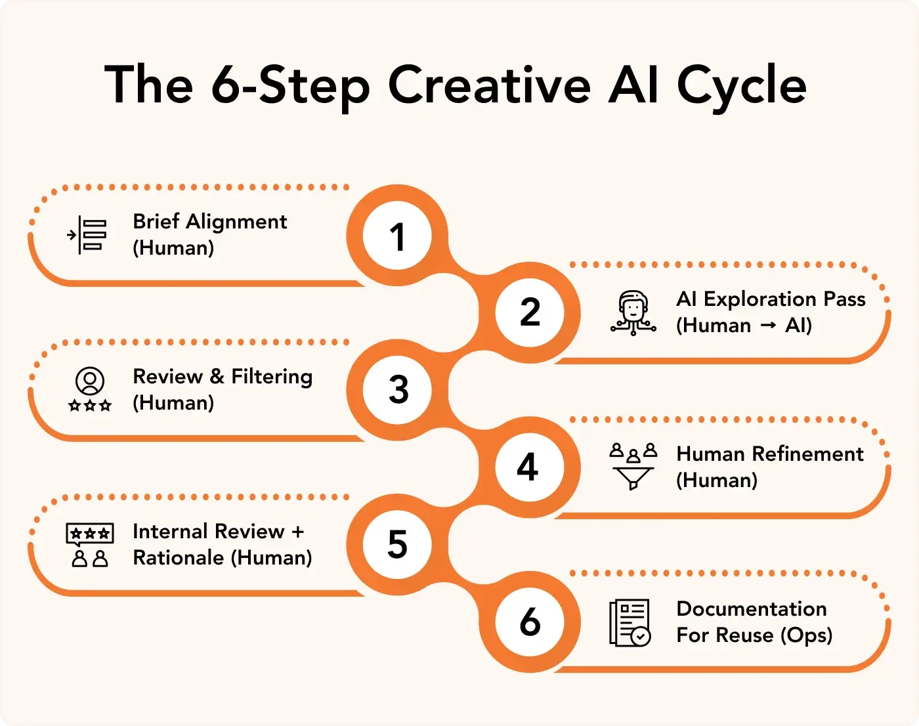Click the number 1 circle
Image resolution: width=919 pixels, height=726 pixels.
[x=397, y=235]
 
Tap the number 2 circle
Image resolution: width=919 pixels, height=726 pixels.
[x=530, y=312]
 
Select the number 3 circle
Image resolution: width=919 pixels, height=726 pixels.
[x=397, y=390]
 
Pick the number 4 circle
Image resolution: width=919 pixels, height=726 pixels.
[x=530, y=467]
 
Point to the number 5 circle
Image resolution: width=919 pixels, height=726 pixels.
[x=397, y=545]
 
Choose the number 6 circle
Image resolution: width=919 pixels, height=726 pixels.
[x=530, y=622]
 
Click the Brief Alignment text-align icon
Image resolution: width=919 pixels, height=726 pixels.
[x=87, y=235]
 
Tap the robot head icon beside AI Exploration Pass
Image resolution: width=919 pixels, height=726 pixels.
[x=633, y=313]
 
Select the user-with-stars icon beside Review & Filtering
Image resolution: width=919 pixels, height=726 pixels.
[x=90, y=389]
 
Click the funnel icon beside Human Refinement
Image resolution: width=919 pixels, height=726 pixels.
[x=633, y=466]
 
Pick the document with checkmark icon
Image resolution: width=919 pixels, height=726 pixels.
[x=630, y=622]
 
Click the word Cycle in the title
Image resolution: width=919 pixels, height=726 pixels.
[x=742, y=85]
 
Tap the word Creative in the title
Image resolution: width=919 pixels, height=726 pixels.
[x=490, y=84]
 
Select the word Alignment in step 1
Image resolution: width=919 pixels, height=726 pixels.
[x=236, y=223]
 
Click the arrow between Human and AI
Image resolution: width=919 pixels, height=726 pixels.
[x=768, y=326]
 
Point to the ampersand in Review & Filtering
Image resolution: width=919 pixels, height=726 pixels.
[x=217, y=376]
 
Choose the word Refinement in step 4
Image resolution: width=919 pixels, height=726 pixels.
[x=808, y=454]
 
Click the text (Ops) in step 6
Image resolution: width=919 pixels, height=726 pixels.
[x=806, y=635]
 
